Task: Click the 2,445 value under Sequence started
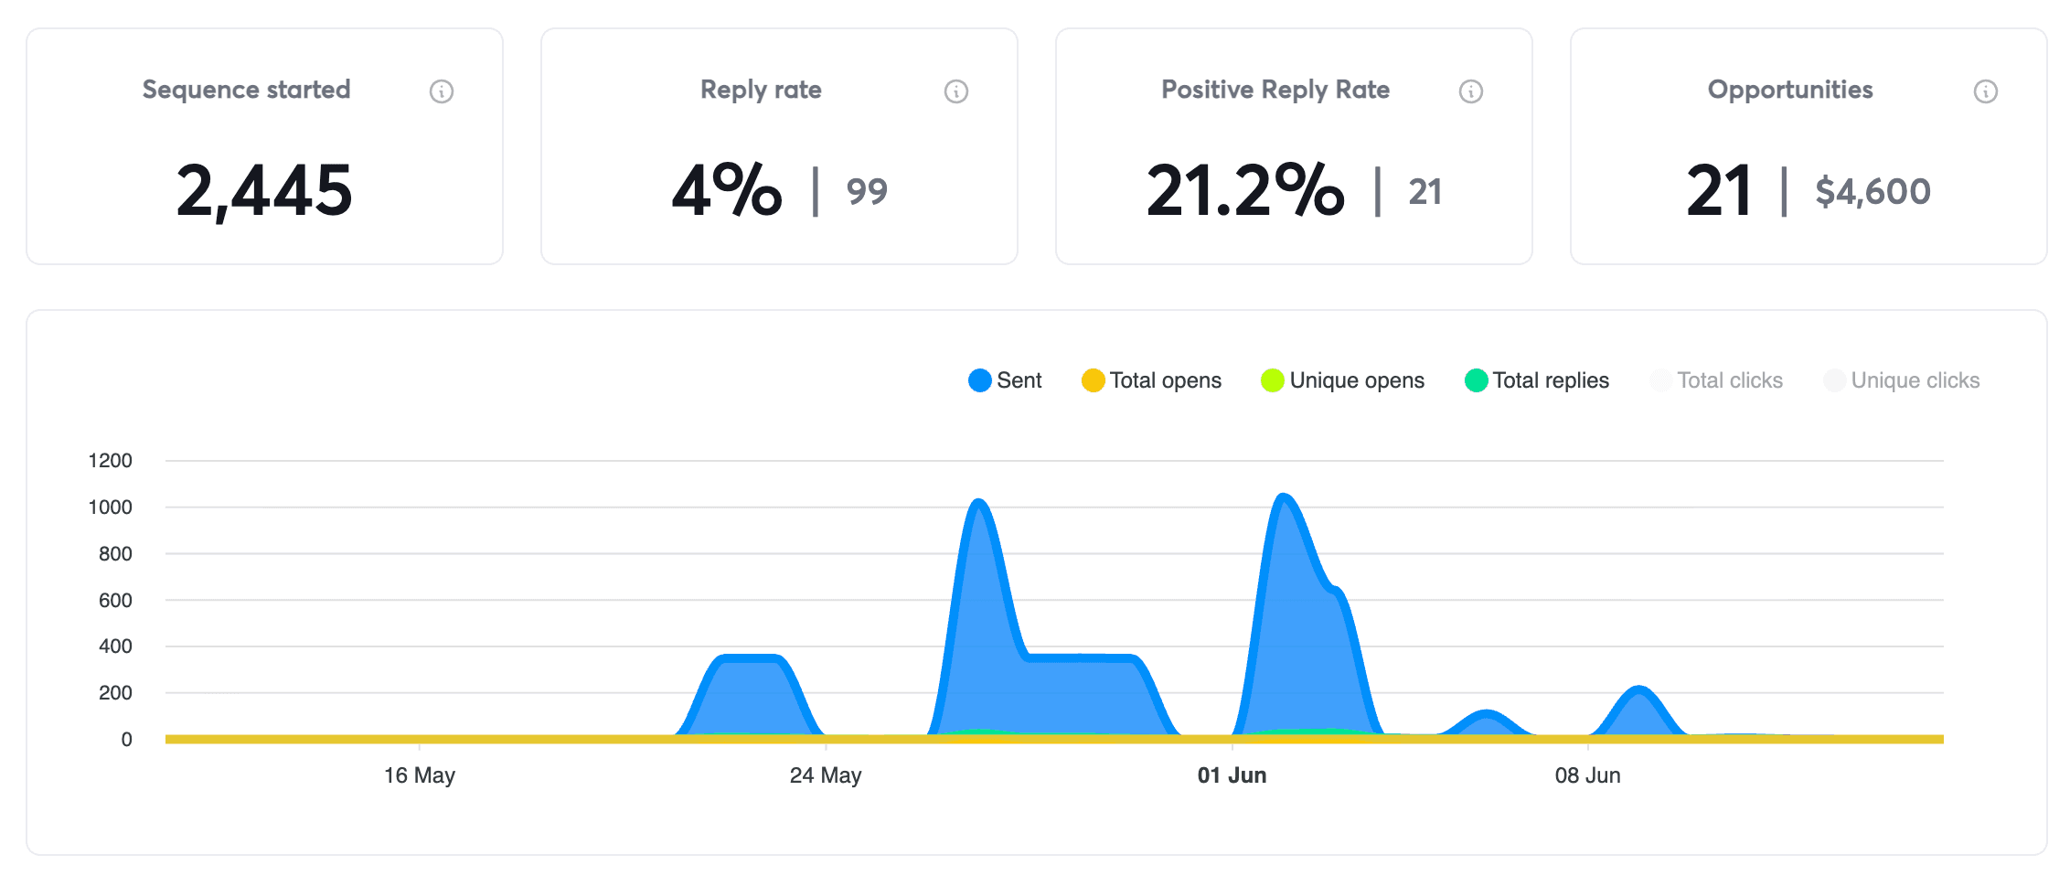263,190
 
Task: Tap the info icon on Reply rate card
955,91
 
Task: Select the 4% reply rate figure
727,190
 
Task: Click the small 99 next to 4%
866,192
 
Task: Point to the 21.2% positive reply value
1244,190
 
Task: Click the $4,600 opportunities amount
1873,192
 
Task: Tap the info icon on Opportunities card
1985,91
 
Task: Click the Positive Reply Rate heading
1275,90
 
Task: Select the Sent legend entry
1005,380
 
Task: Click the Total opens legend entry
1151,380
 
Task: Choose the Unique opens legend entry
1342,380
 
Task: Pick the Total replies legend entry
1537,380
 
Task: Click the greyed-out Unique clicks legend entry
1902,380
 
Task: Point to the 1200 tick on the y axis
111,461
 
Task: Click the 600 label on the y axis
115,601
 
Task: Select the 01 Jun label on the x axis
1232,775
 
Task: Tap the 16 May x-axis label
420,775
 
